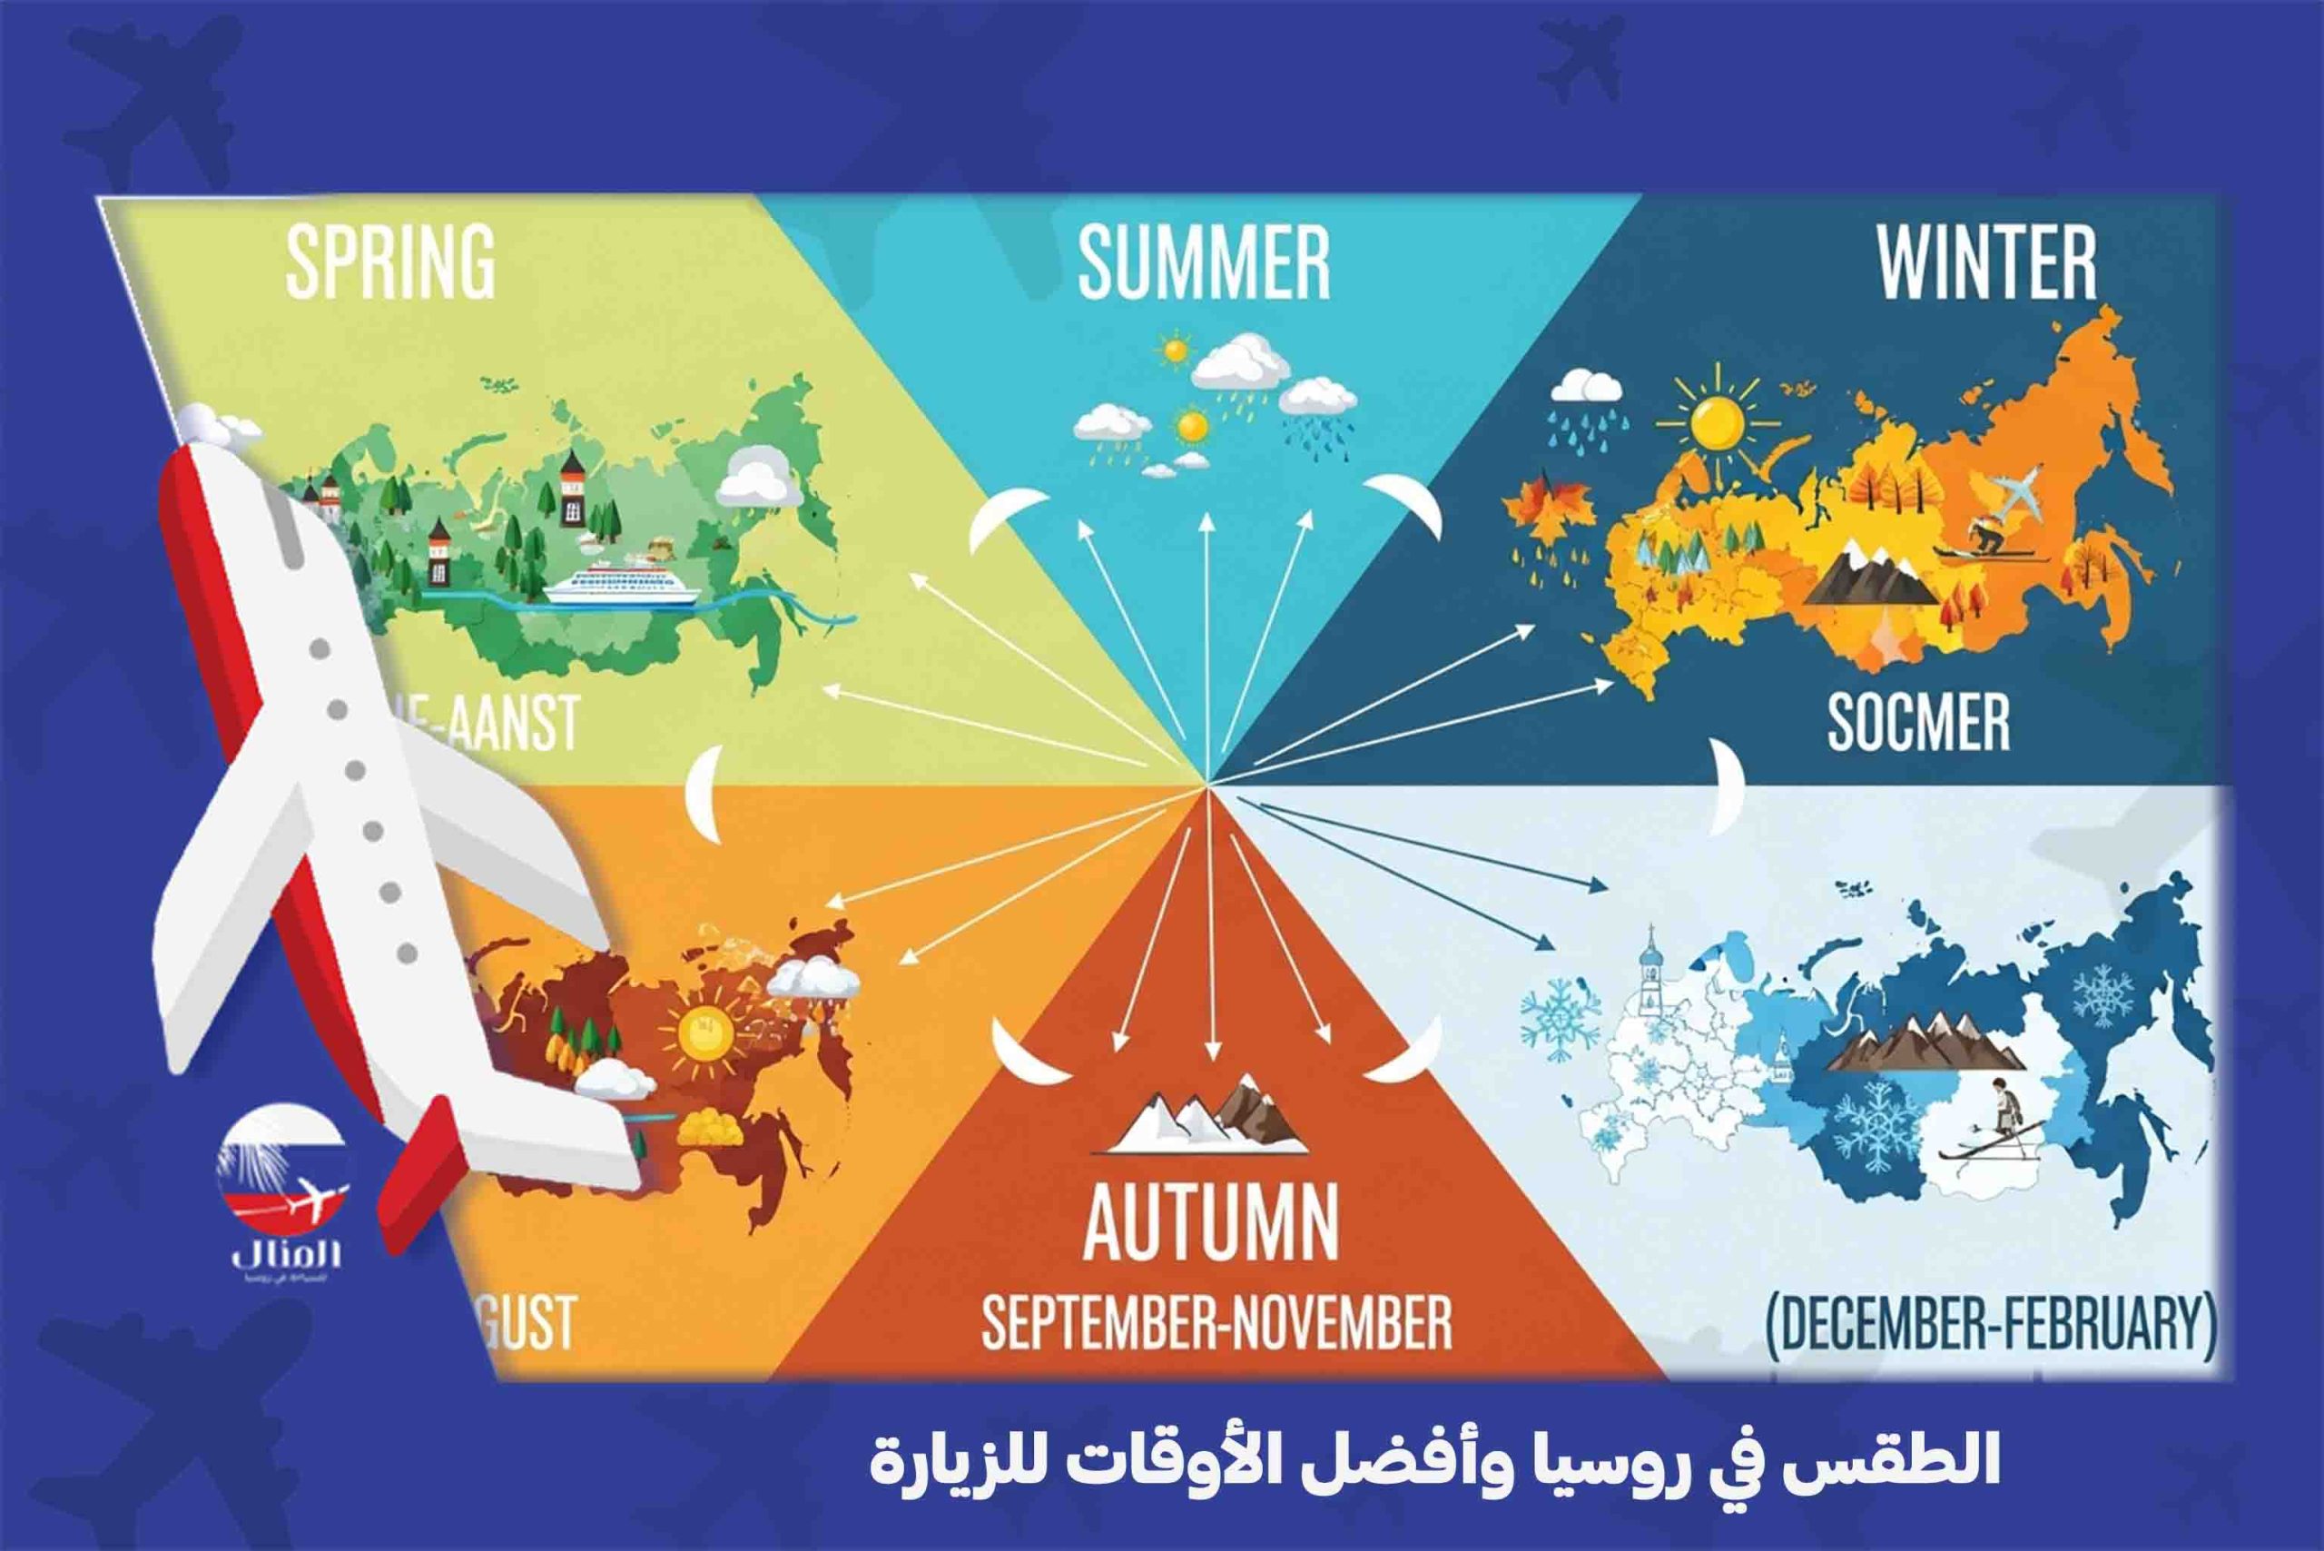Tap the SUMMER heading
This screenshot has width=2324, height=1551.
pyautogui.click(x=1204, y=262)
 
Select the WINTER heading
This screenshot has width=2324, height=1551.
pyautogui.click(x=1987, y=262)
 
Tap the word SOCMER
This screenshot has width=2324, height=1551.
pyautogui.click(x=1918, y=722)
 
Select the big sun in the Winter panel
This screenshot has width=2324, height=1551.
pyautogui.click(x=1716, y=422)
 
